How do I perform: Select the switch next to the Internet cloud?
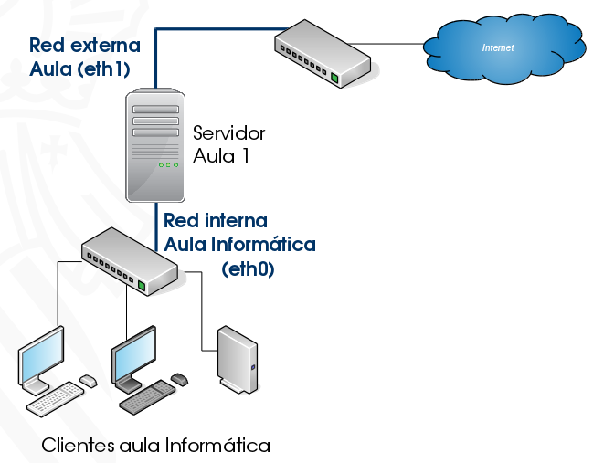(x=323, y=56)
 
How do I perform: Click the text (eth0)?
(x=248, y=269)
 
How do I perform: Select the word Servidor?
(x=228, y=133)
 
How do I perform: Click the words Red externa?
(x=85, y=45)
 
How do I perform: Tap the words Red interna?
(x=216, y=221)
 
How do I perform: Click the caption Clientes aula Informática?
(x=156, y=446)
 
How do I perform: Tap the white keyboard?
(x=54, y=397)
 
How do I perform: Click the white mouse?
(x=89, y=380)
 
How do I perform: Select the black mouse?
(x=180, y=378)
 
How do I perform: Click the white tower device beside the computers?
(x=238, y=360)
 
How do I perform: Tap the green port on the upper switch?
(x=334, y=79)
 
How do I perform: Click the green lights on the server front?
(x=168, y=165)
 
